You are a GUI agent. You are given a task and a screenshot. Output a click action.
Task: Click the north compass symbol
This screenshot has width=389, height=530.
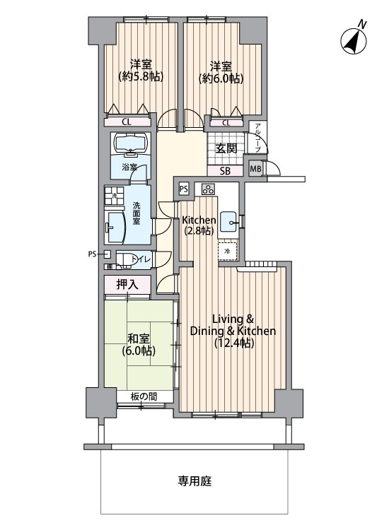coord(354,41)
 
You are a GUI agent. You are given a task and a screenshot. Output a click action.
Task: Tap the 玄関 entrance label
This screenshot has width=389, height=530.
coord(226,148)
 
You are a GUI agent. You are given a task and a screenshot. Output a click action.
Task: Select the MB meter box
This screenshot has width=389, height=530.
coord(255,168)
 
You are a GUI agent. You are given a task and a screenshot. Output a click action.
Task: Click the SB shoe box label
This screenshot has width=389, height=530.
coord(226,171)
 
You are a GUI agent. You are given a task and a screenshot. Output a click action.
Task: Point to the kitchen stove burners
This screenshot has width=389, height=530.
coord(208,189)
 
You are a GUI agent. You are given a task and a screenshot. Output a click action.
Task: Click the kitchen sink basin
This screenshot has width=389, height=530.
coord(230,222)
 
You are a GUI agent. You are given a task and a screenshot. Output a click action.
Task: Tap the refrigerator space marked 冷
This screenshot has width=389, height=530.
coord(227,251)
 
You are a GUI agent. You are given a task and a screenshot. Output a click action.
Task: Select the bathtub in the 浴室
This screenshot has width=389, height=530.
coord(131,143)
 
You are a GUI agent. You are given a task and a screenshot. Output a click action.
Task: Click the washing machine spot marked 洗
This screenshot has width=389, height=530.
coord(115,196)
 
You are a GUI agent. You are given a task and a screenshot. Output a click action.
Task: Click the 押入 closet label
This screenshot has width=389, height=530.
coord(127,285)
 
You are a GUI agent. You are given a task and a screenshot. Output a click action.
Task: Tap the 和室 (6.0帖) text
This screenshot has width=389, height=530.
coord(139,344)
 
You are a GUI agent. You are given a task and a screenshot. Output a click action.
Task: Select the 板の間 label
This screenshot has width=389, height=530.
coord(144,396)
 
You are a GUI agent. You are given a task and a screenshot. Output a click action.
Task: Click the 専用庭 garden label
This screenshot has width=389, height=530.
coord(194,481)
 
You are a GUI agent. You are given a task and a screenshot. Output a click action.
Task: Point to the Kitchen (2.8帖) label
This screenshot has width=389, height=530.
coord(199,225)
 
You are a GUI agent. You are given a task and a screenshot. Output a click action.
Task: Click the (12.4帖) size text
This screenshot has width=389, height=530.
coord(233,343)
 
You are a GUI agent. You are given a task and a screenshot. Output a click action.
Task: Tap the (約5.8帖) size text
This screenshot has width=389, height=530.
coord(141,76)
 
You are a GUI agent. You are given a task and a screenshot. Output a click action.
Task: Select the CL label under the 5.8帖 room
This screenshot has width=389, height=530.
coord(127,122)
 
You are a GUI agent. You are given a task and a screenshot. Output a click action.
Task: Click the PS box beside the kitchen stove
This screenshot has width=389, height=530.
coord(184,189)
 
